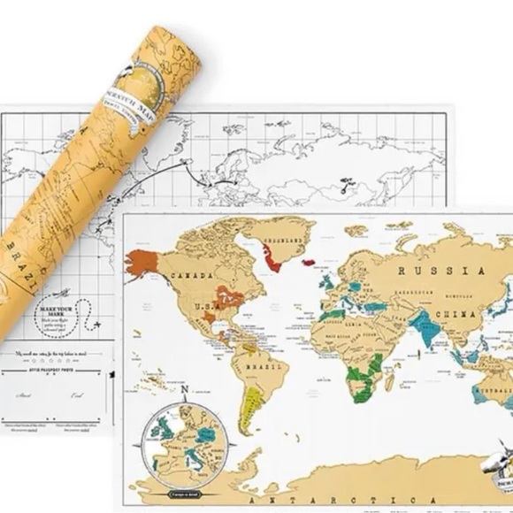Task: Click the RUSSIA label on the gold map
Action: pyautogui.click(x=428, y=271)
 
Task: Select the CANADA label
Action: pyautogui.click(x=198, y=275)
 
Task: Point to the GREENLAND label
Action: pyautogui.click(x=286, y=239)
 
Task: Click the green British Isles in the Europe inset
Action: pyautogui.click(x=165, y=436)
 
